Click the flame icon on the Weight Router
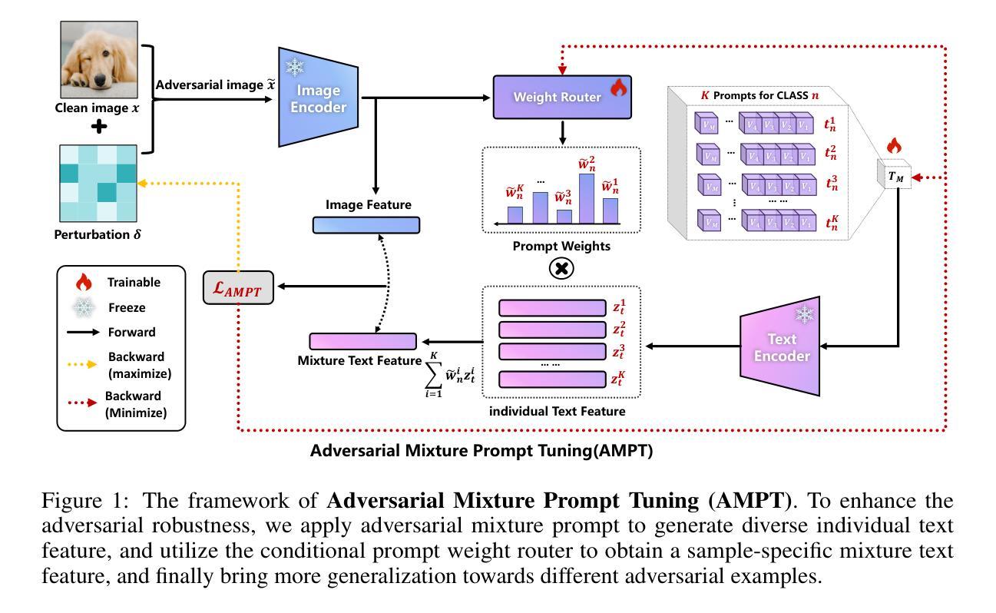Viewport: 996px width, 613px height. tap(619, 89)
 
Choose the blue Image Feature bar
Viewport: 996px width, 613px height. tap(366, 225)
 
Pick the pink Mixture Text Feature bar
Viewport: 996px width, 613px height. tap(362, 341)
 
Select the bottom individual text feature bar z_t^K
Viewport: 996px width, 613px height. tap(552, 379)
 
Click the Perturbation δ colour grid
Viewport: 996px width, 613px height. tap(99, 183)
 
